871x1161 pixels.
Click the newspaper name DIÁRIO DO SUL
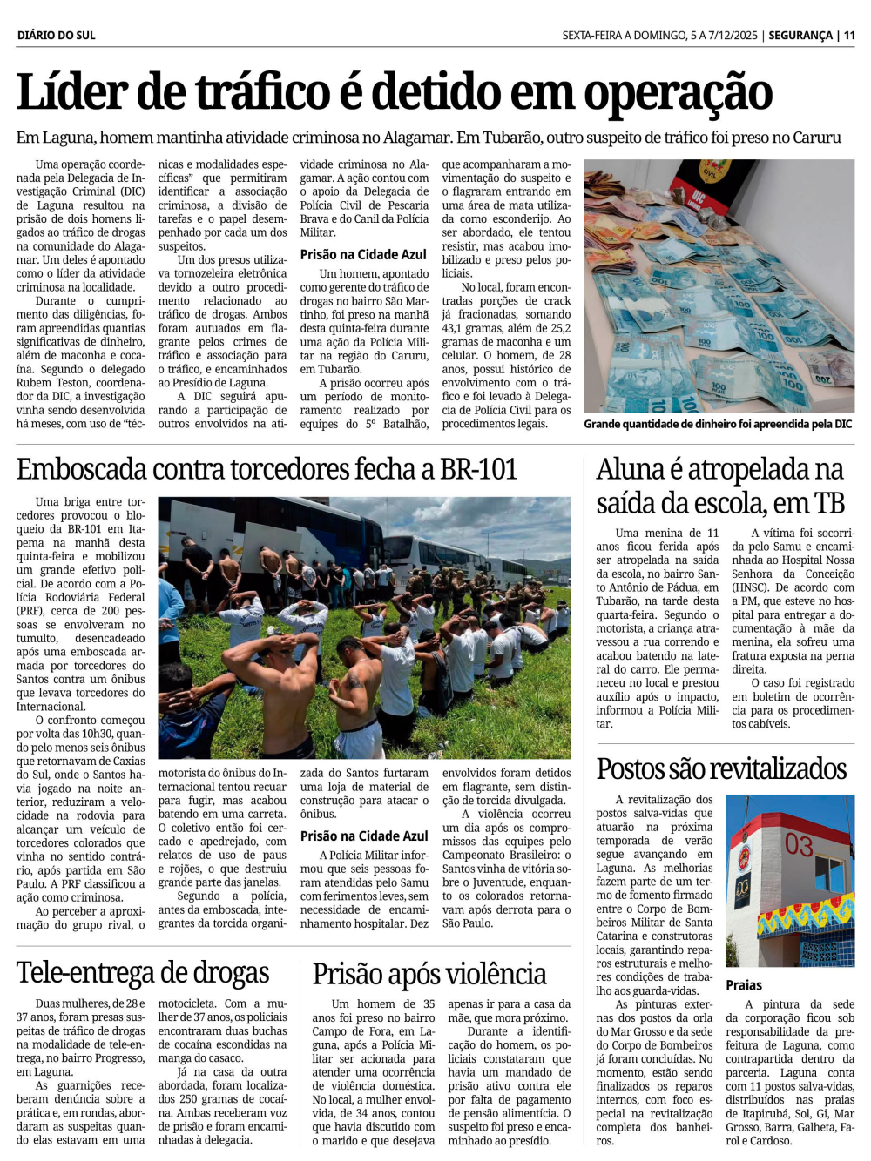[x=56, y=36]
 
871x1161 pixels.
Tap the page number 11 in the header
[x=849, y=36]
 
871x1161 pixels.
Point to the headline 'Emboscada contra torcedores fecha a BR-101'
[x=267, y=470]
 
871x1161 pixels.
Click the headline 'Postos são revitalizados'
[x=721, y=769]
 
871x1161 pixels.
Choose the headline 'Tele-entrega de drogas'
[x=143, y=973]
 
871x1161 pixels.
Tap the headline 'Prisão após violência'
[x=429, y=975]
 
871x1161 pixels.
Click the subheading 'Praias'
[x=744, y=985]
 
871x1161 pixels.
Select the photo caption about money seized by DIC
[x=718, y=424]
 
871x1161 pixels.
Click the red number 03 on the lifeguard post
[x=798, y=845]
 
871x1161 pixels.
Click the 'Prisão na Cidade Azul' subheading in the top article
[x=363, y=255]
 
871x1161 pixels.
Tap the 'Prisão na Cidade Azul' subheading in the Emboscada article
[x=363, y=836]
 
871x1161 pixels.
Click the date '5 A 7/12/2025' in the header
[x=724, y=36]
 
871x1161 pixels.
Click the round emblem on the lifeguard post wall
[x=742, y=888]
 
